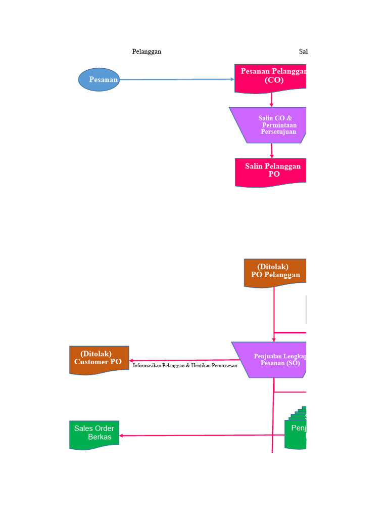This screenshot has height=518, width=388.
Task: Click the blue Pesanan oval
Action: pyautogui.click(x=99, y=79)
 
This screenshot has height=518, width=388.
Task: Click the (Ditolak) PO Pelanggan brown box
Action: pyautogui.click(x=275, y=272)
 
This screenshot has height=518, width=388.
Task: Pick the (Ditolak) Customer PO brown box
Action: pyautogui.click(x=99, y=359)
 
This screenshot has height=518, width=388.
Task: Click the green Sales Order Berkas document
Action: pyautogui.click(x=94, y=434)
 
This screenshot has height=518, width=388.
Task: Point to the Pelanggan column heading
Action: pyautogui.click(x=147, y=52)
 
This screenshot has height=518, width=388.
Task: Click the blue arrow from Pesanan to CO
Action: pyautogui.click(x=177, y=79)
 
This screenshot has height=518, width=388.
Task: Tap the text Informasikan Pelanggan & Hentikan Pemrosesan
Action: pyautogui.click(x=185, y=365)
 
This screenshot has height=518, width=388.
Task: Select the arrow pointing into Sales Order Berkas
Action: pyautogui.click(x=202, y=436)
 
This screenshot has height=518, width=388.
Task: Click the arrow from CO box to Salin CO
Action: pyautogui.click(x=271, y=100)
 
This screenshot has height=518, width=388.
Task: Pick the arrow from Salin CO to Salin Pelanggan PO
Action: pyautogui.click(x=272, y=150)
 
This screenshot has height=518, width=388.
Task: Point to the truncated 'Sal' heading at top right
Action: pyautogui.click(x=303, y=52)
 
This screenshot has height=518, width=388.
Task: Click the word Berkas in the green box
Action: pyautogui.click(x=100, y=437)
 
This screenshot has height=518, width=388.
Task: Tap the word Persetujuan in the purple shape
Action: pyautogui.click(x=278, y=132)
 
